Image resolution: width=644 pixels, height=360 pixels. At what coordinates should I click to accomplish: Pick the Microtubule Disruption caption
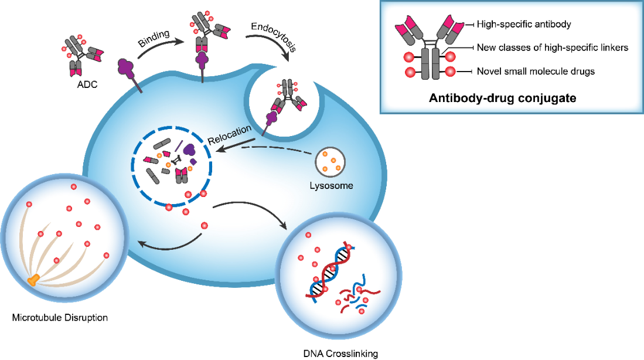(x=60, y=318)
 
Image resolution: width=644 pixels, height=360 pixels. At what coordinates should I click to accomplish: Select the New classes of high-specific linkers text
(x=553, y=47)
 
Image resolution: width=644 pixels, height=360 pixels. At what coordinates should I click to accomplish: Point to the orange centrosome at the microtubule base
(x=34, y=280)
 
